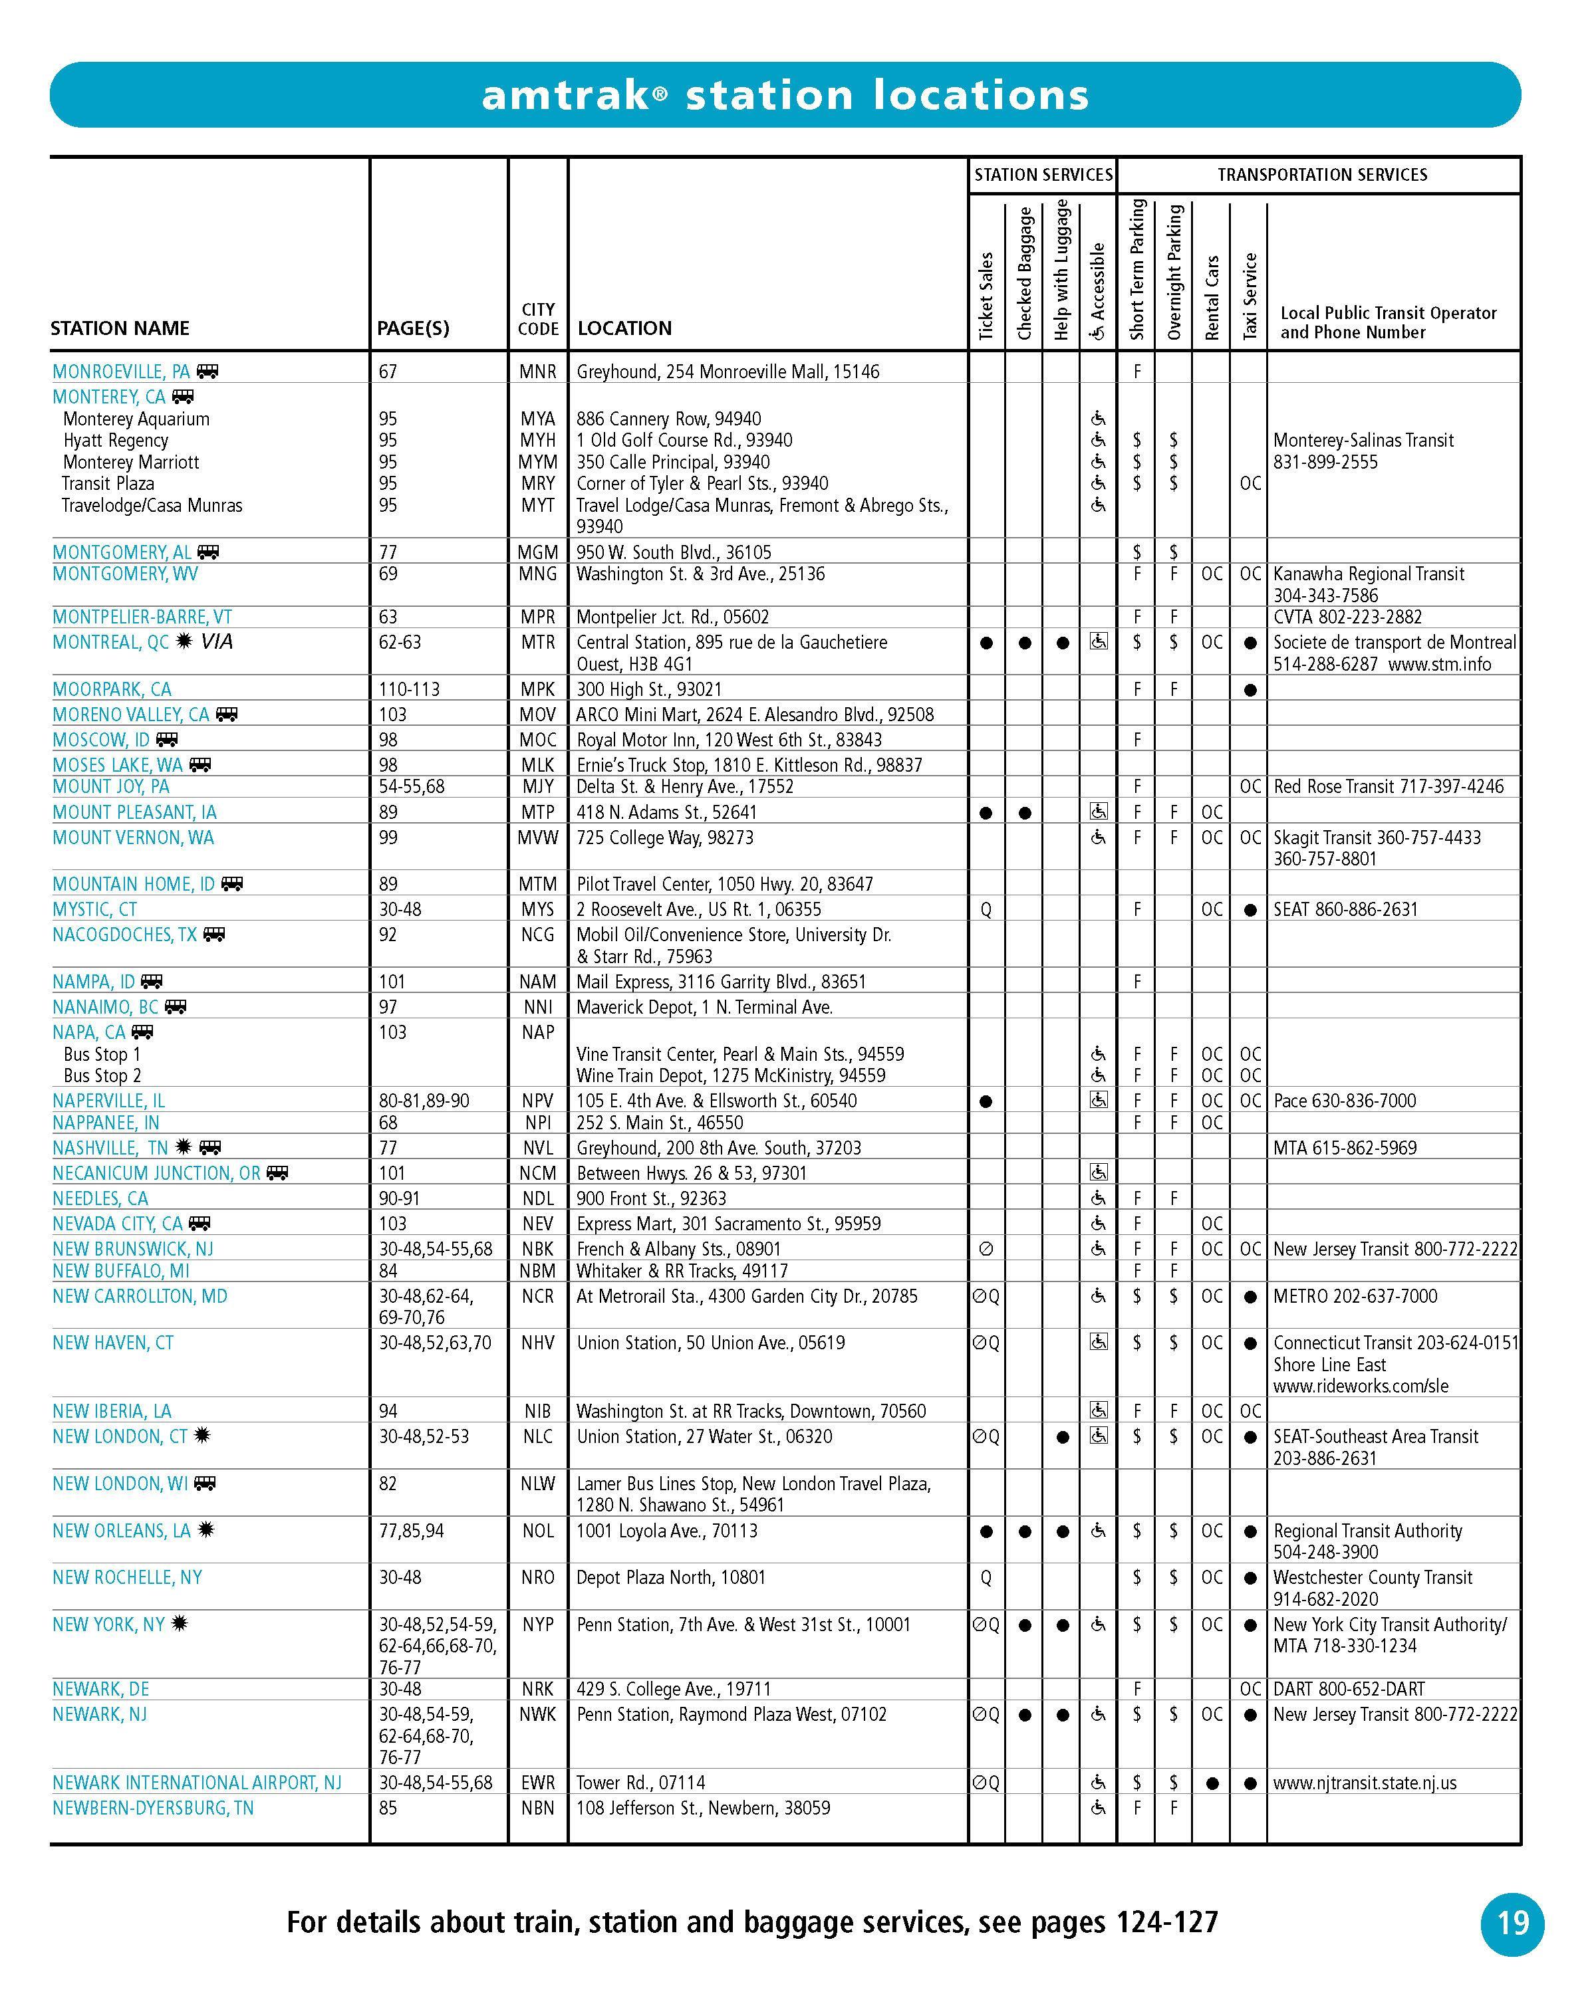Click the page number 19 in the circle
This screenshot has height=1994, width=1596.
tap(1513, 1923)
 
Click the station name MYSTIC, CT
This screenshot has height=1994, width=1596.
tap(94, 909)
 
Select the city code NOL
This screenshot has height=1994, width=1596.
tap(537, 1531)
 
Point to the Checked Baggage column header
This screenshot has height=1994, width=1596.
tap(1024, 274)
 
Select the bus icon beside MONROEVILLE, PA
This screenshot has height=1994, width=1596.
tap(207, 372)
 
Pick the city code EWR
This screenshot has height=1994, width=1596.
tap(537, 1782)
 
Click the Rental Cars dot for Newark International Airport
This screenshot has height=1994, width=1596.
tap(1212, 1783)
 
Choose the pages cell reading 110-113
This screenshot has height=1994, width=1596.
tap(409, 689)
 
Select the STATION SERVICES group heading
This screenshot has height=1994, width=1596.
tap(1043, 175)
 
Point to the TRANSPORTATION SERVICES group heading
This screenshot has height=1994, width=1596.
tap(1322, 175)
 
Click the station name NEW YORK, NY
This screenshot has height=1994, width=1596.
tap(108, 1624)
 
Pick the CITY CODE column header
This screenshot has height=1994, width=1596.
tap(537, 319)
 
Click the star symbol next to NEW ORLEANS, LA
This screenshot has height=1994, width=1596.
tap(205, 1529)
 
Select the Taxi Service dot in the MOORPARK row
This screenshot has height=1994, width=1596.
tap(1250, 690)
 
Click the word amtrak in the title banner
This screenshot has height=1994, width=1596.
tap(565, 95)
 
